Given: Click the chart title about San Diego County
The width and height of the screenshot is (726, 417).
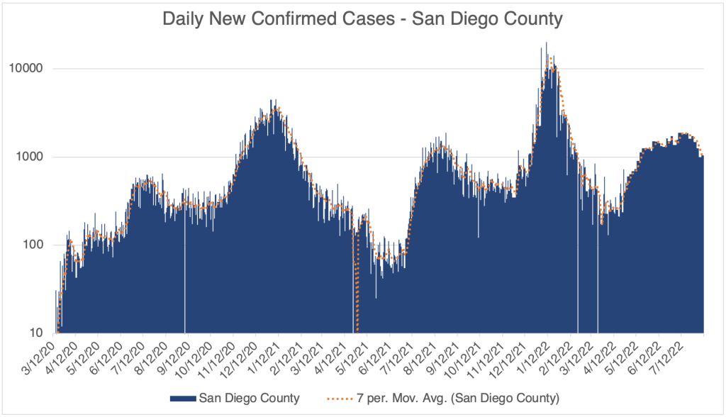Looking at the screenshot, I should (362, 18).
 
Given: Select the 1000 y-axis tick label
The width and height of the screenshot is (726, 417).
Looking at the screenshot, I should (32, 157).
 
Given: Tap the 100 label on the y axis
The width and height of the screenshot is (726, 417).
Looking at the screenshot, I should (35, 245).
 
